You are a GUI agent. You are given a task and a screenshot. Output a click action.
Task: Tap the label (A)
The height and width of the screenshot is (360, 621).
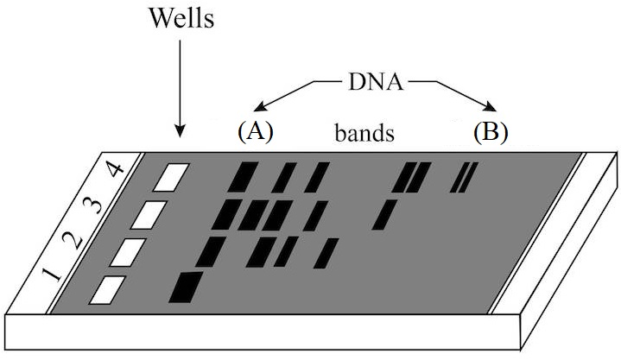[x=255, y=131]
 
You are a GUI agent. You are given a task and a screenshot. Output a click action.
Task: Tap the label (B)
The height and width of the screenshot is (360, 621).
[x=491, y=131]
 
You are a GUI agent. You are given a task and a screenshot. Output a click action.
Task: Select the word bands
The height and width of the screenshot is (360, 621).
[x=365, y=134]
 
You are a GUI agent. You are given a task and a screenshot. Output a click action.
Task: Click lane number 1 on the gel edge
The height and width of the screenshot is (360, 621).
[x=54, y=278]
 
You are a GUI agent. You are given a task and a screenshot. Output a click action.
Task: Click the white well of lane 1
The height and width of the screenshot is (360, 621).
[x=110, y=289]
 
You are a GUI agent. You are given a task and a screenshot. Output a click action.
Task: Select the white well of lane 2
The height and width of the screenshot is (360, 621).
[x=129, y=251]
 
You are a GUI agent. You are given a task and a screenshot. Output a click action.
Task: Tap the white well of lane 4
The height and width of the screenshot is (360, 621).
[x=170, y=177]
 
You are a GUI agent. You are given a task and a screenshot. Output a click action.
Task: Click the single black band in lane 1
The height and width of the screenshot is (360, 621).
[x=186, y=287]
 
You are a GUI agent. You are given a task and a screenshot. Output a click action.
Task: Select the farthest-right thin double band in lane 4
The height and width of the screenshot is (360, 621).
[x=465, y=177]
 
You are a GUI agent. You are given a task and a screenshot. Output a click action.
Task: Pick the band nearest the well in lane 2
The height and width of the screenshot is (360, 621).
[x=210, y=251]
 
